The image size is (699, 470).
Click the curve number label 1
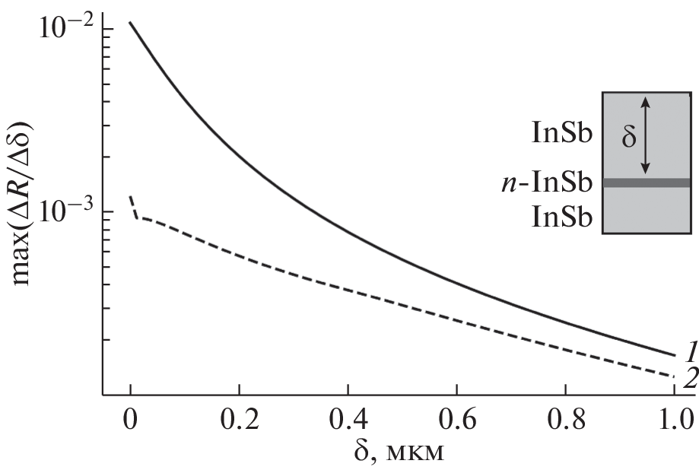click(690, 352)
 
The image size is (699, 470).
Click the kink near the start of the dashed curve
click(137, 218)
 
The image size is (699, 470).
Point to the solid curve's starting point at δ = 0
click(131, 23)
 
